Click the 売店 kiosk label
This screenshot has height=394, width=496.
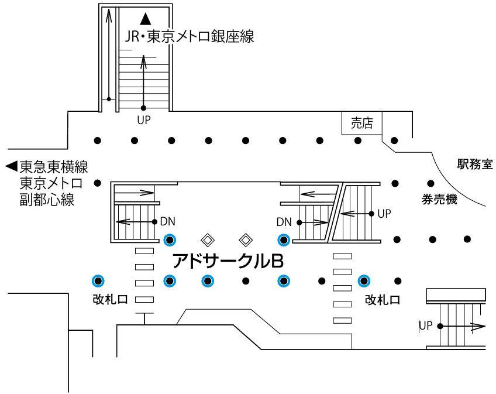click(361, 123)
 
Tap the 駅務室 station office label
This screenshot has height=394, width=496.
click(475, 165)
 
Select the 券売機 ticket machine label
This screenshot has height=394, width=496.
click(439, 200)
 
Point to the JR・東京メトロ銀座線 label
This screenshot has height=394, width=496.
click(190, 37)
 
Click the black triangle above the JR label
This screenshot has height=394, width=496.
click(146, 19)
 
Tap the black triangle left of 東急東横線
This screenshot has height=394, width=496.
click(11, 167)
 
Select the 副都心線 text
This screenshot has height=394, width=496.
click(47, 200)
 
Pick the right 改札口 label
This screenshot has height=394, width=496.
click(383, 300)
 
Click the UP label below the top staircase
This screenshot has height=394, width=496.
click(144, 121)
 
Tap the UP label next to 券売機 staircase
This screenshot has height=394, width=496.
click(384, 214)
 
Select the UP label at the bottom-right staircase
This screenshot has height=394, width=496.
click(425, 325)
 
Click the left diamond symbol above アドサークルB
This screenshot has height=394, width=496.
click(207, 239)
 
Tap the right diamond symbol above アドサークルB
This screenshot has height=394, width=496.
click(246, 239)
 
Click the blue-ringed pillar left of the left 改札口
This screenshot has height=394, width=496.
click(98, 280)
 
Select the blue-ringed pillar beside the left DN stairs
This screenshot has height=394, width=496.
click(170, 239)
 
